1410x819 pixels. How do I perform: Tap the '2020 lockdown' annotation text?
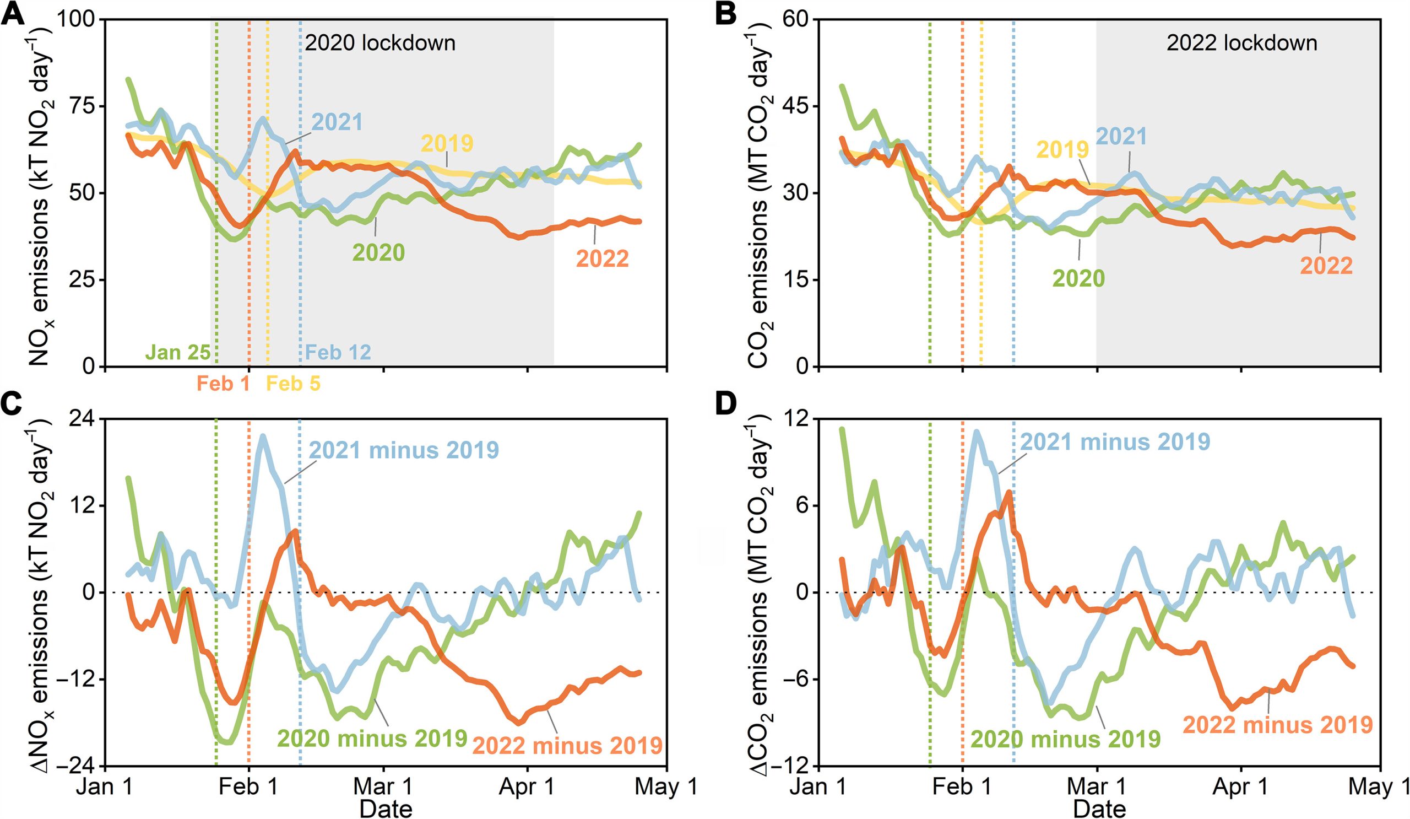(x=380, y=43)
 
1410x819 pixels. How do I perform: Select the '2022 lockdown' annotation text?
(x=1241, y=43)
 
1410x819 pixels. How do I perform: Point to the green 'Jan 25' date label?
(x=178, y=352)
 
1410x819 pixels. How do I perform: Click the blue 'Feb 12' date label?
(x=339, y=352)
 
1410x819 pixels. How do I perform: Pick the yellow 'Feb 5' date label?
(x=293, y=384)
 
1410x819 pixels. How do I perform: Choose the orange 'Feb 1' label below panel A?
(x=223, y=384)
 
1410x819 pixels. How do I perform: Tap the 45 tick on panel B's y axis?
(x=796, y=106)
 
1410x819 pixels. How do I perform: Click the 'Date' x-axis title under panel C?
(x=386, y=809)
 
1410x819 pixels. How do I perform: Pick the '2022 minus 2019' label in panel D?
(x=1277, y=725)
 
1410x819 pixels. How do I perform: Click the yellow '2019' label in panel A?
(x=448, y=144)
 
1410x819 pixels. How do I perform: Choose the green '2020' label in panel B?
(x=1078, y=278)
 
